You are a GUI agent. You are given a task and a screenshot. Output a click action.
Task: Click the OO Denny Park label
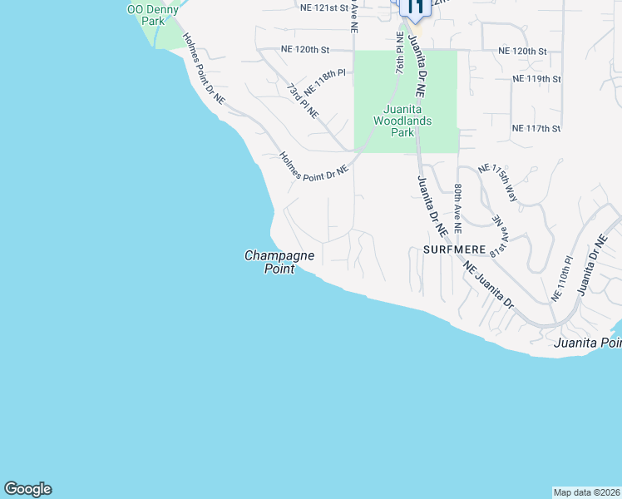[152, 14]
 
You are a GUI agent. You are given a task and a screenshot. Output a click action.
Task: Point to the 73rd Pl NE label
[303, 101]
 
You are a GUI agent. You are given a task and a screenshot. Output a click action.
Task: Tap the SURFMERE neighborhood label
[453, 249]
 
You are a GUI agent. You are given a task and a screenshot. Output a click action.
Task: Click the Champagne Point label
[279, 262]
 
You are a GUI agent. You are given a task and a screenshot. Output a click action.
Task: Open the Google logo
[27, 489]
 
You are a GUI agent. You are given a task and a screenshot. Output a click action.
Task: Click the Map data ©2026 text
[586, 492]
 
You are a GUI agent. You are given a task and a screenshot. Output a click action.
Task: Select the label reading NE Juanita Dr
[491, 287]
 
